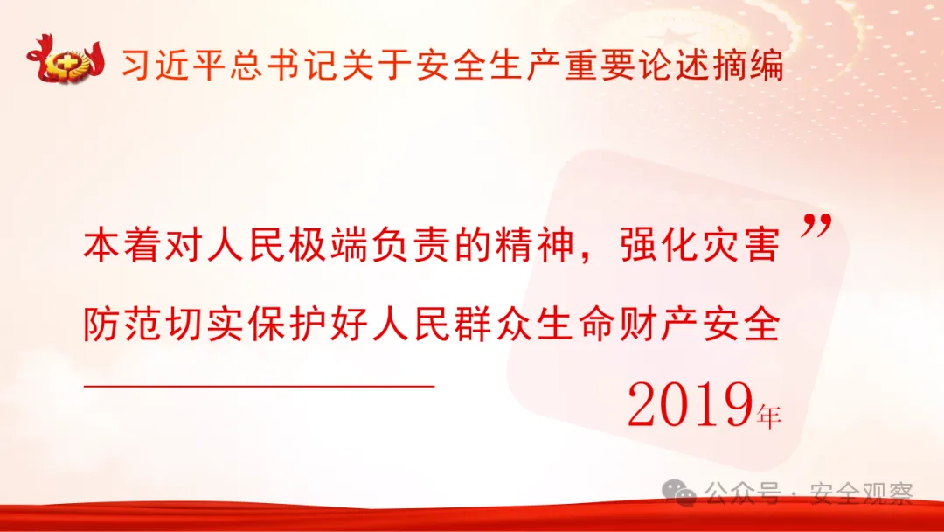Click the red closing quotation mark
(x=814, y=229)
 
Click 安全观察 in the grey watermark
(x=861, y=494)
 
